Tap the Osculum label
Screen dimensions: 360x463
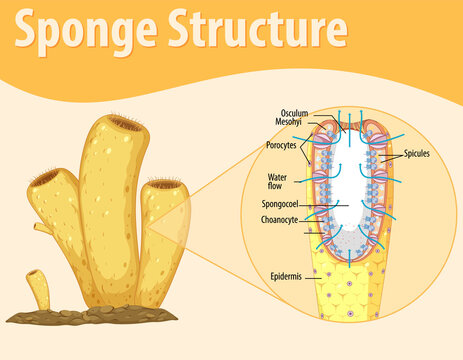pyautogui.click(x=294, y=113)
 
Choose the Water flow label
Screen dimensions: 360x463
pyautogui.click(x=277, y=181)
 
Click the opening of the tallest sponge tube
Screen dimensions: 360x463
pyautogui.click(x=125, y=124)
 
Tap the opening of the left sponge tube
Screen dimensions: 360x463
pyautogui.click(x=47, y=178)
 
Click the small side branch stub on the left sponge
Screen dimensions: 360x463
pyautogui.click(x=41, y=229)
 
